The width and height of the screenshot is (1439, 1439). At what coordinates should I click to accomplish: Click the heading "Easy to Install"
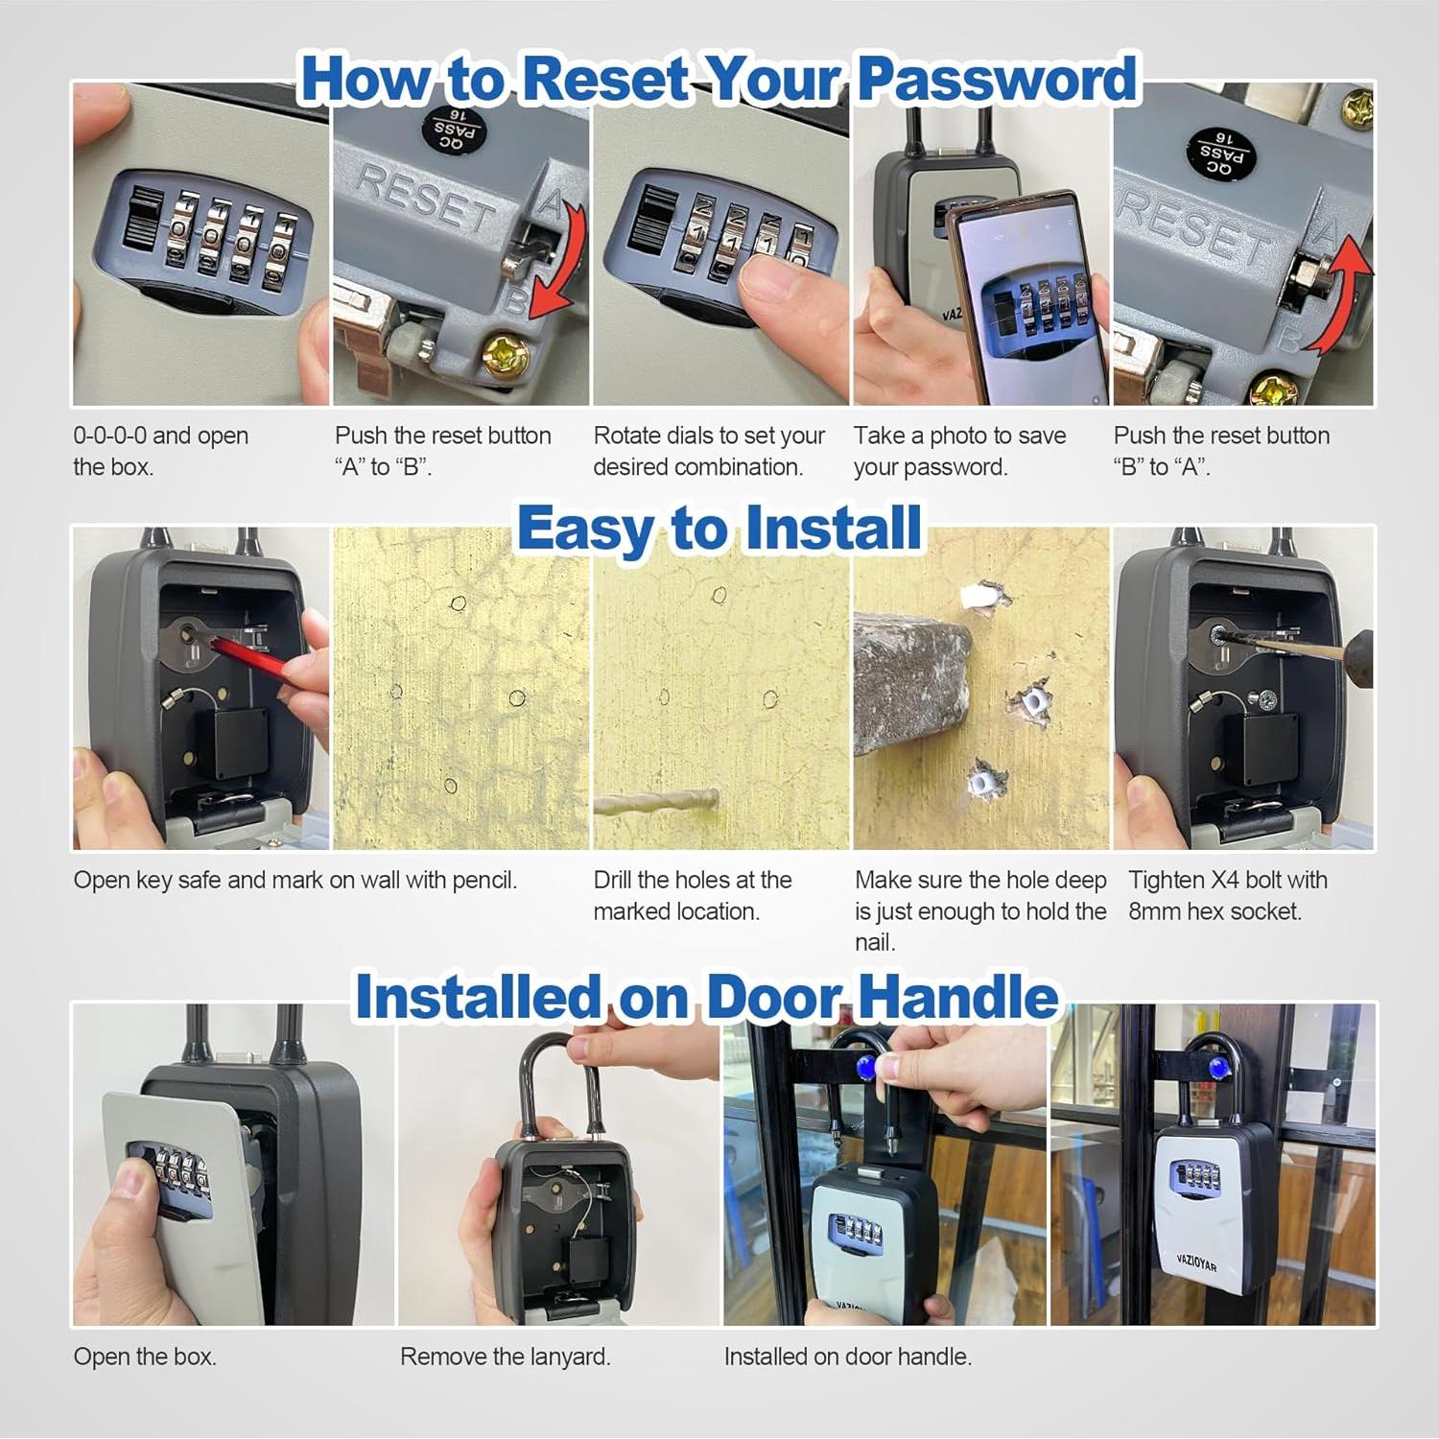click(719, 529)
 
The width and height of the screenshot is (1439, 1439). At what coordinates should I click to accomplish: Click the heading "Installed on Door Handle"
click(707, 997)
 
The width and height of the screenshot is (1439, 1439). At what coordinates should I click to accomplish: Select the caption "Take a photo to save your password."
click(959, 451)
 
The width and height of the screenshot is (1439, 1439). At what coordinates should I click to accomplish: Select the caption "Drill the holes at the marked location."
click(692, 895)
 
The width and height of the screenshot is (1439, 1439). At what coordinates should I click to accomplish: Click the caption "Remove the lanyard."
click(505, 1356)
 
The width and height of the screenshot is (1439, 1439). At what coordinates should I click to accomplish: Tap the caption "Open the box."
click(145, 1356)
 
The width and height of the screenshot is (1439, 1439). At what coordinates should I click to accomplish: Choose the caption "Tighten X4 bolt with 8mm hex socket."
click(1227, 895)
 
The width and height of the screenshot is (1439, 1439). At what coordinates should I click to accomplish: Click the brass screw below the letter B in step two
click(505, 357)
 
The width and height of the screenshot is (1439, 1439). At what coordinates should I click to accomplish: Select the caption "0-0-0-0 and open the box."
click(160, 451)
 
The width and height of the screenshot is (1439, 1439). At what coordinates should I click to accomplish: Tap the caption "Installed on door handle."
click(847, 1356)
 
